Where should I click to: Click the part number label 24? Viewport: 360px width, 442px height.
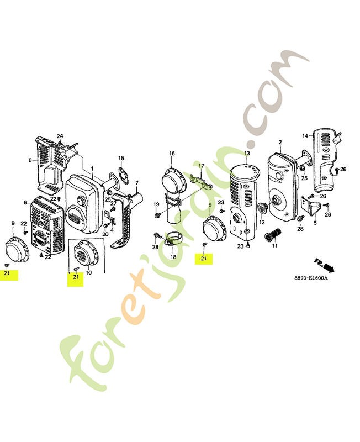coord(60,136)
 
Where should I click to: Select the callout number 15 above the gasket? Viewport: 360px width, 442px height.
coord(121,158)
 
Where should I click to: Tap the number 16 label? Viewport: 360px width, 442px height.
coord(172,154)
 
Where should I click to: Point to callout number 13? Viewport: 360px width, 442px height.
coord(247,154)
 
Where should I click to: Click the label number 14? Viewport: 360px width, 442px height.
coord(305,136)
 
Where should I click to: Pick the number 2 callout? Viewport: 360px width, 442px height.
coord(280,143)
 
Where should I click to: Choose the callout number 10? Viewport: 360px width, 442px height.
coord(89,273)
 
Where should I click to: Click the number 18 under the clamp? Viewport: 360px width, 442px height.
coord(173,257)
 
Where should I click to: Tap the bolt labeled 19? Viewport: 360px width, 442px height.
coord(157,215)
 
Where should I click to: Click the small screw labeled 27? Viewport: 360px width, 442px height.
coord(113,209)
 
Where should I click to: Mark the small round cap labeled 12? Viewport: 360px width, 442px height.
coord(262,209)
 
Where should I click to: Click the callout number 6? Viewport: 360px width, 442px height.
coord(25,202)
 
